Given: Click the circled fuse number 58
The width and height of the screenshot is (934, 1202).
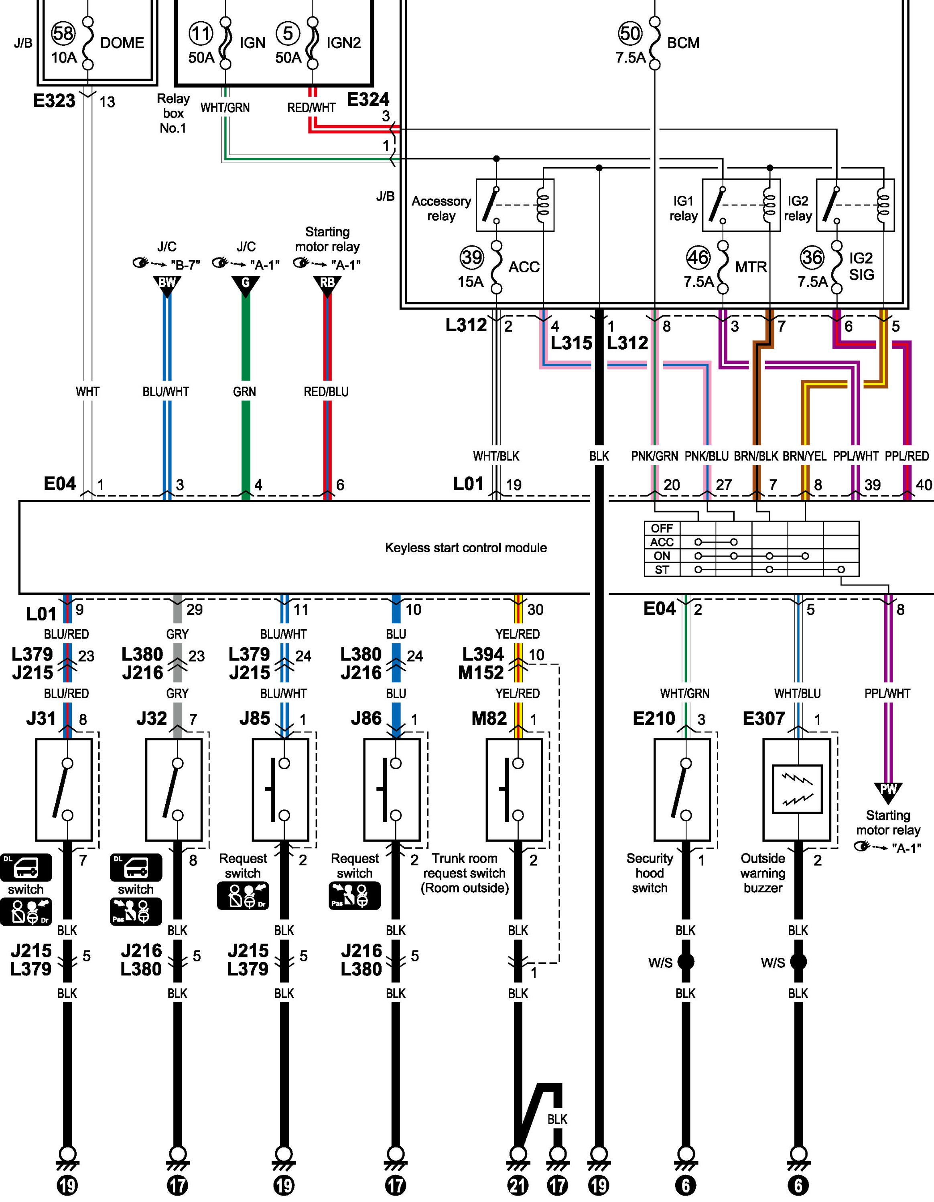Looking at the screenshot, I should pyautogui.click(x=63, y=34).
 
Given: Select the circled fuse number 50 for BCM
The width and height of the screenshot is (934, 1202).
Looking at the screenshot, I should pyautogui.click(x=630, y=34).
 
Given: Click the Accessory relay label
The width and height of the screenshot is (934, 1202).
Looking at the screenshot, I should pyautogui.click(x=441, y=209).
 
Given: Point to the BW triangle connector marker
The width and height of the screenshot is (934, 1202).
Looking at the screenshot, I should pyautogui.click(x=166, y=284).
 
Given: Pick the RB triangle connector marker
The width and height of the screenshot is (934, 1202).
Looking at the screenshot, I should pyautogui.click(x=327, y=284).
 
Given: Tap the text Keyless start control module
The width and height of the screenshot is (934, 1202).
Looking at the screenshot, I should pyautogui.click(x=465, y=547).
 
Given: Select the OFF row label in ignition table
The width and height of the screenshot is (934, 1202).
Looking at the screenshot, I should pyautogui.click(x=662, y=528).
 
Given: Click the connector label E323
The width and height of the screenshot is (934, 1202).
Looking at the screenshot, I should pyautogui.click(x=54, y=101).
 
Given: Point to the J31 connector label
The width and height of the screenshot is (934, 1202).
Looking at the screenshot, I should pyautogui.click(x=41, y=718).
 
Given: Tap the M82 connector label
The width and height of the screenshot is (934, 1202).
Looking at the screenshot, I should pyautogui.click(x=489, y=718).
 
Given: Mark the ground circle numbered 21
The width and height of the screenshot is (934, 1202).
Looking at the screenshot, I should pyautogui.click(x=518, y=1185).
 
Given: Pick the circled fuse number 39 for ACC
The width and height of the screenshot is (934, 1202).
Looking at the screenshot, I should pyautogui.click(x=472, y=257).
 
